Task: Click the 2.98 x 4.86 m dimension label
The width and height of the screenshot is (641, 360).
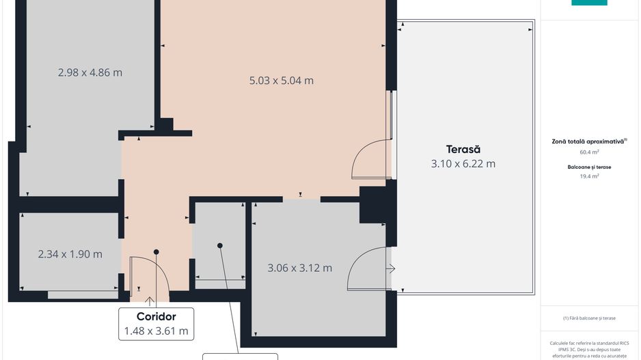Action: tap(90, 72)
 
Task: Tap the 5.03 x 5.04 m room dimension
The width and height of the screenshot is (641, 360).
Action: tap(282, 81)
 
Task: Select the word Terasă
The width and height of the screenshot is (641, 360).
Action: tap(463, 149)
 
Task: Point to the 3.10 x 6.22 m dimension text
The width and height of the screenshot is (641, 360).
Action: tap(463, 164)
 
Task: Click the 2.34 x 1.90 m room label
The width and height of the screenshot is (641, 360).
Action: tap(70, 254)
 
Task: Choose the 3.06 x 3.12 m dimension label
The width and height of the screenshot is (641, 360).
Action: tap(300, 268)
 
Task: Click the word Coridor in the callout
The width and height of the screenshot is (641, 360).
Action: tap(156, 317)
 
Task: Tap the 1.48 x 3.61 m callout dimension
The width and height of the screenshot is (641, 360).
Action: tap(156, 332)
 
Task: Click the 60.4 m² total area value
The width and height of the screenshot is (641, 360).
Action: tap(589, 152)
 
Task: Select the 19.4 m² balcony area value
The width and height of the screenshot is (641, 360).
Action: tap(589, 176)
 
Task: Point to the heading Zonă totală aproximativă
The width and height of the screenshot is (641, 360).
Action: tap(588, 141)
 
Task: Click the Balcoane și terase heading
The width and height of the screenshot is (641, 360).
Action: tap(589, 167)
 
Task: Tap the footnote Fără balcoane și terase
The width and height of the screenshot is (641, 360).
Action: tap(589, 318)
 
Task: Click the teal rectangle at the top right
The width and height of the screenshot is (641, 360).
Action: tap(589, 3)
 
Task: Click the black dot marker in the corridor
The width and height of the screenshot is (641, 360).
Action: tap(156, 252)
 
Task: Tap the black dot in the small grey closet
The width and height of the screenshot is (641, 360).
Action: tap(220, 245)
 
